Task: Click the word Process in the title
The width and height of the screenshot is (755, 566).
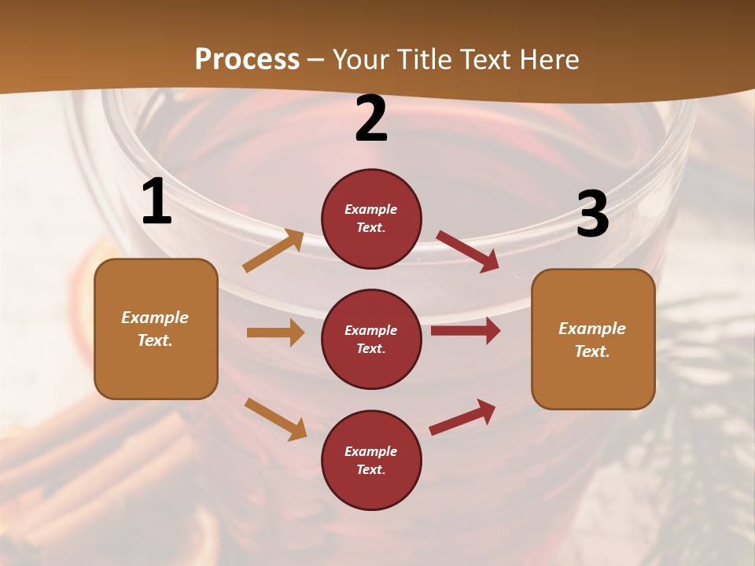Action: tap(247, 60)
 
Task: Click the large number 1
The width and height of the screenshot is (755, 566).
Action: tap(157, 202)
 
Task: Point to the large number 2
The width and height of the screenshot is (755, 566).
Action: tap(371, 119)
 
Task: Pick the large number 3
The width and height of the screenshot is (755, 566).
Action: tap(592, 215)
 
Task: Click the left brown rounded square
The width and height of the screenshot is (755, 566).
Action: tap(156, 329)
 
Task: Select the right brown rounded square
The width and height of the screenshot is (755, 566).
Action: tap(593, 340)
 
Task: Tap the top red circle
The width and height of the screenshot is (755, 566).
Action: tap(371, 219)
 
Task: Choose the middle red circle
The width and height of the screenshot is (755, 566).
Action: tap(371, 340)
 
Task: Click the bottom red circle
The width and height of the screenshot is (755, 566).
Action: tap(371, 461)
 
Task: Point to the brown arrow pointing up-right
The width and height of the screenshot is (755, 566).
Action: tap(274, 251)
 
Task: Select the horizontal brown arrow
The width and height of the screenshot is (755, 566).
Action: tap(275, 333)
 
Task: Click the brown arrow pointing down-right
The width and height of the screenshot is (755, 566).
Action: tap(275, 418)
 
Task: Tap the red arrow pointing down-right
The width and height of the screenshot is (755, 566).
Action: tap(467, 251)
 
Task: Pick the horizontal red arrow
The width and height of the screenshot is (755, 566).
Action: tap(466, 331)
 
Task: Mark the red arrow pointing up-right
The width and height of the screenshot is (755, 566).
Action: tap(462, 417)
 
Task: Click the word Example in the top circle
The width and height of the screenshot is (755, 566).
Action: tap(371, 210)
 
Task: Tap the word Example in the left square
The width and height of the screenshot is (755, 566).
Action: tap(155, 318)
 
